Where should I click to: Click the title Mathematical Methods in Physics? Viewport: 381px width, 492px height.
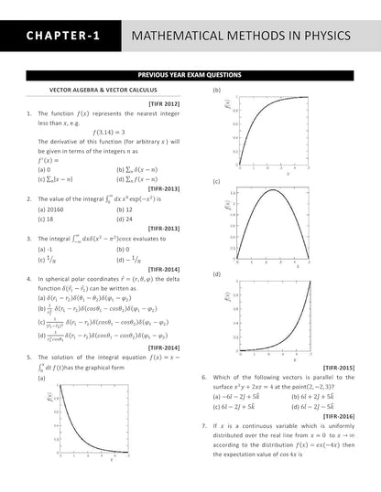pyautogui.click(x=241, y=36)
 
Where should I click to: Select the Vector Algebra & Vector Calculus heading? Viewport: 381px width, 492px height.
pyautogui.click(x=103, y=90)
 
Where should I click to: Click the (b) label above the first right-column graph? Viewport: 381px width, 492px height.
pyautogui.click(x=217, y=90)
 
